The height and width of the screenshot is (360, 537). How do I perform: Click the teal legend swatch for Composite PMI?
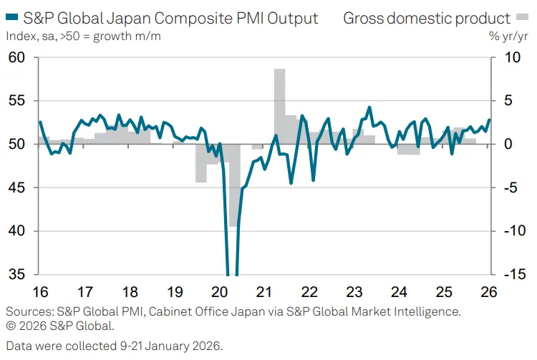pos(12,16)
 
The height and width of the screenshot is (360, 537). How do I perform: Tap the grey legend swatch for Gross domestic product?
pos(522,16)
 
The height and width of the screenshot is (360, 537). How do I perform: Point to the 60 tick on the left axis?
pos(16,57)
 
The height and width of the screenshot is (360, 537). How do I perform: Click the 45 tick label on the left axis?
pos(16,188)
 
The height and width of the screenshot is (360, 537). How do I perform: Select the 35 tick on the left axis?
pos(16,274)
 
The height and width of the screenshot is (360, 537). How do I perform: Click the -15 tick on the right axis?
pos(515,274)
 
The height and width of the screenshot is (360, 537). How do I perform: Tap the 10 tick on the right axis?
pos(513,57)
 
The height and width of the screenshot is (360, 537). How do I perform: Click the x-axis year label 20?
pos(220,292)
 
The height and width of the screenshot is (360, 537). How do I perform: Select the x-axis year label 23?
pos(354,292)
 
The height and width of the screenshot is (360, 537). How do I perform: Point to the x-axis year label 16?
pos(40,292)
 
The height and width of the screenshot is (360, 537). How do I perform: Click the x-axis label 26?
pos(489,292)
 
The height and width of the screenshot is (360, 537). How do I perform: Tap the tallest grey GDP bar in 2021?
pos(279,107)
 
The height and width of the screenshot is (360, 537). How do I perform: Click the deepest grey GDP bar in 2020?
pos(234,185)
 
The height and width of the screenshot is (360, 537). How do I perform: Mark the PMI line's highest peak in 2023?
pos(369,107)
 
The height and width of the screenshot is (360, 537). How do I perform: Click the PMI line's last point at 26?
pos(489,120)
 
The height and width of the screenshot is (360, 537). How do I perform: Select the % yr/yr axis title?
pos(508,36)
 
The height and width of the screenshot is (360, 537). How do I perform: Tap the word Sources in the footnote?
pos(30,311)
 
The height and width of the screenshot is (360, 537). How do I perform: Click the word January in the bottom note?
pos(166,346)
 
